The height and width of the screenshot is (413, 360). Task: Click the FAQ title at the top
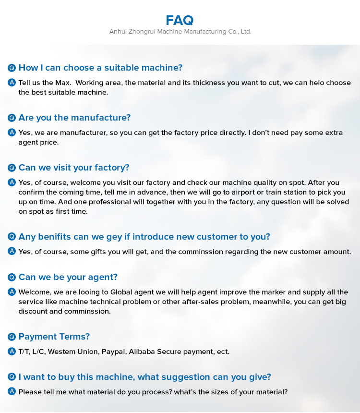click(x=180, y=20)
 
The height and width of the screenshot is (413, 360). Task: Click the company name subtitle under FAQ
click(x=180, y=32)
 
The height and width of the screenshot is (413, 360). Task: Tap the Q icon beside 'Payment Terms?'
click(x=12, y=337)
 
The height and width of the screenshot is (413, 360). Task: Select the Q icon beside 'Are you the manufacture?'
click(x=12, y=118)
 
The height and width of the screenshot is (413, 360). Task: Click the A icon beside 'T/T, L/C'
click(x=12, y=352)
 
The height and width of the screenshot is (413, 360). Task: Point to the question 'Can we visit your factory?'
click(x=74, y=168)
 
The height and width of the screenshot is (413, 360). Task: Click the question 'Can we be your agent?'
click(x=68, y=277)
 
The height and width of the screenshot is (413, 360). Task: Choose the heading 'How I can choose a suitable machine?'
click(x=100, y=68)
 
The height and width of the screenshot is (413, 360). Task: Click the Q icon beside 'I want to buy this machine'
click(x=12, y=377)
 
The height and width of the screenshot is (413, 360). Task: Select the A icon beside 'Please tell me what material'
click(x=12, y=392)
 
